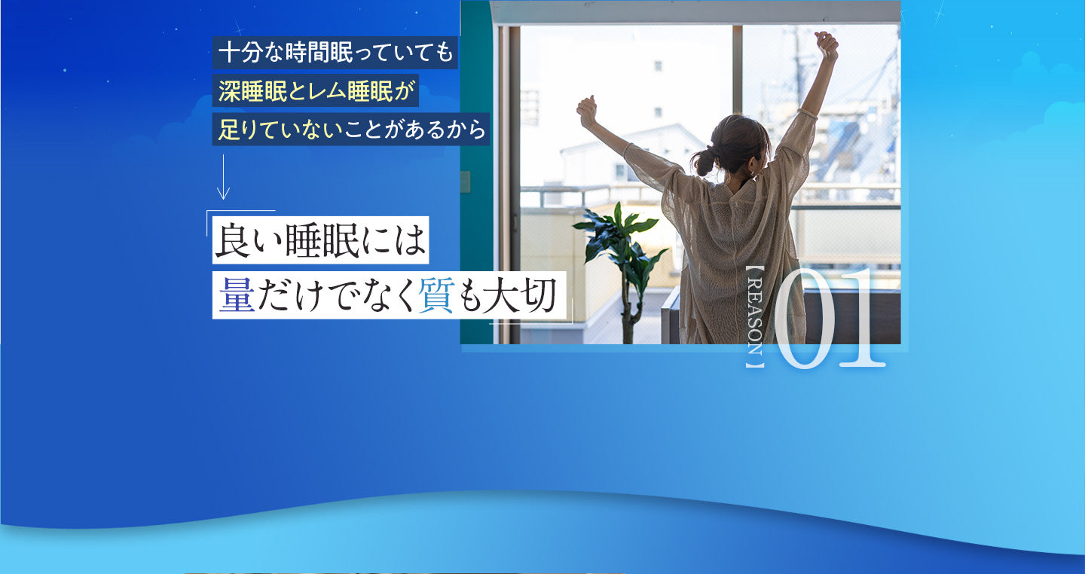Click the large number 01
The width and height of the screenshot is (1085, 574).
(x=829, y=320)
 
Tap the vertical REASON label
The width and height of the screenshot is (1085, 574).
(x=754, y=321)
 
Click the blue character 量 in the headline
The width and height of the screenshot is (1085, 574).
(x=236, y=295)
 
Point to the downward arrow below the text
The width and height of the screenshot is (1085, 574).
(x=223, y=177)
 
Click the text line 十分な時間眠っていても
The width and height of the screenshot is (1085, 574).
(x=335, y=53)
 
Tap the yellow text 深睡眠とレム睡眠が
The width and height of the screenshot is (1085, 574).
(x=316, y=92)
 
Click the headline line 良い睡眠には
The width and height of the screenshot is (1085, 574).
(x=320, y=241)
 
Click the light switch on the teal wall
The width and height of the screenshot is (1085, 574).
(x=465, y=182)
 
